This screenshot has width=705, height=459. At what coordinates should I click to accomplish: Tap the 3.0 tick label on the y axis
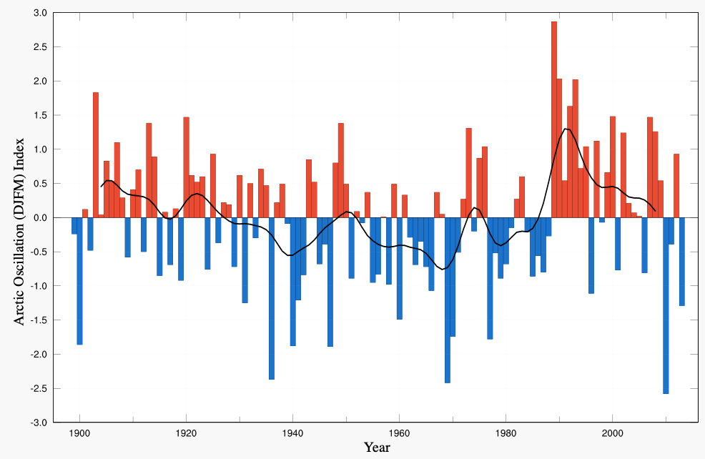tap(39, 13)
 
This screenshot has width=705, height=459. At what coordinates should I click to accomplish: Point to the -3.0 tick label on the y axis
tap(37, 423)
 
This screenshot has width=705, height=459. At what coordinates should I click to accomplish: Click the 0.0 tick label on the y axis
tap(39, 217)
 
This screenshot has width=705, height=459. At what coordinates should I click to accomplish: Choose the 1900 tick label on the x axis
tap(79, 434)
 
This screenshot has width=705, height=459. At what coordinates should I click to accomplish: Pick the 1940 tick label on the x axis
tap(292, 434)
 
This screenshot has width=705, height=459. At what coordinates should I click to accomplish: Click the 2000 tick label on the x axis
tap(612, 434)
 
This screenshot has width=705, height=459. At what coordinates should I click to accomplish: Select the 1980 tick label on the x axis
tap(506, 434)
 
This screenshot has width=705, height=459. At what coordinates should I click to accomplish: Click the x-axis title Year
tap(377, 448)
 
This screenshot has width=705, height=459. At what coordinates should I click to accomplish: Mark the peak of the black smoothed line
tap(566, 129)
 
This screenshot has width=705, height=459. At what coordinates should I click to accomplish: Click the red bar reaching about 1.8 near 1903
tap(96, 154)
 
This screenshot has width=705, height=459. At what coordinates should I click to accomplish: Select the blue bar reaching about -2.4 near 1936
tap(272, 298)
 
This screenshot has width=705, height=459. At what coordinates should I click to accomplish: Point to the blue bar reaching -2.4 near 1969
tap(448, 300)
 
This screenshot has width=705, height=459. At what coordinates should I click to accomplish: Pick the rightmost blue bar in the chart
tap(682, 261)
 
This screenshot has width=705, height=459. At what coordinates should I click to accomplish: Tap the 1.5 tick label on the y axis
tap(39, 115)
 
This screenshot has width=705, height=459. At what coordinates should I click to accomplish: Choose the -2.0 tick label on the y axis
tap(37, 355)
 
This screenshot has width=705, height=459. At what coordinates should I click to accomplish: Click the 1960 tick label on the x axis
tap(399, 434)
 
